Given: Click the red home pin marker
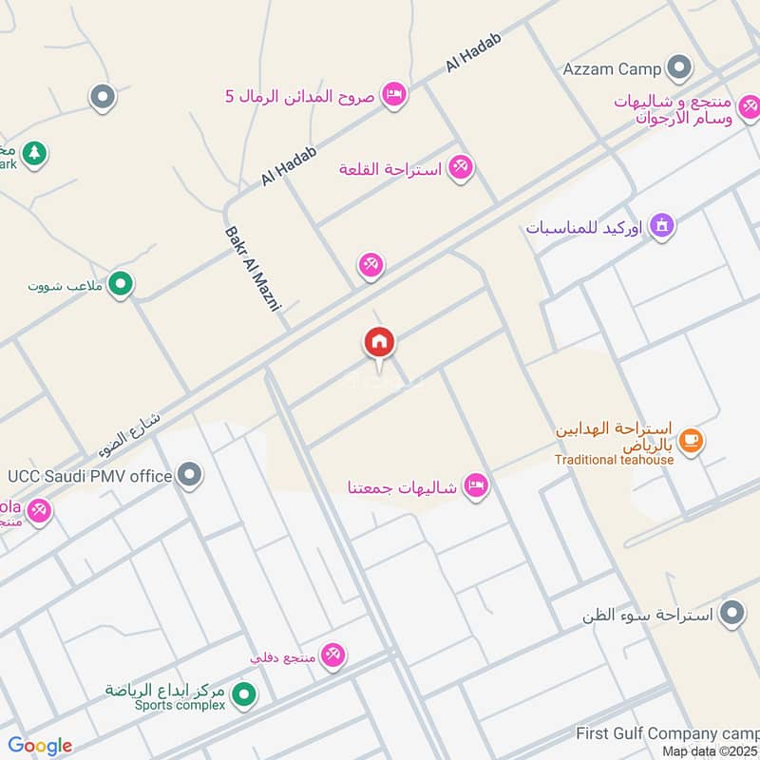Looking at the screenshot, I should pos(379,342).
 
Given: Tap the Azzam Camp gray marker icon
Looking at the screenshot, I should pos(678,68).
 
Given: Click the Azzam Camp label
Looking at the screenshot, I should pos(612,69).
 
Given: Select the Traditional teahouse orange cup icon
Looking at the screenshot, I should pos(692,439).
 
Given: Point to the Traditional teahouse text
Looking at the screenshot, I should pos(615,460).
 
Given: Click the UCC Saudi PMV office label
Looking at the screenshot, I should pos(89,475).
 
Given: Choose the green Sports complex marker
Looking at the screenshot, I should pos(243,695).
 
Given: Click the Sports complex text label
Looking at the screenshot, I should pos(165,706).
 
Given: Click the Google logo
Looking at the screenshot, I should pos(40,746).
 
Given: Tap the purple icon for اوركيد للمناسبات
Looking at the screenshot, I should pos(663,226).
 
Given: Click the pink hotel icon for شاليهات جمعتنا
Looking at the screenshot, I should pos(478,485).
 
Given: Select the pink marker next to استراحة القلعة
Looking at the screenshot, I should pos(461,167).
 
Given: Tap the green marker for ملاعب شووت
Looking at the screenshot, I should pos(120,282).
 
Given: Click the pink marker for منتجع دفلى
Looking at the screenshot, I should pos(332,654).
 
